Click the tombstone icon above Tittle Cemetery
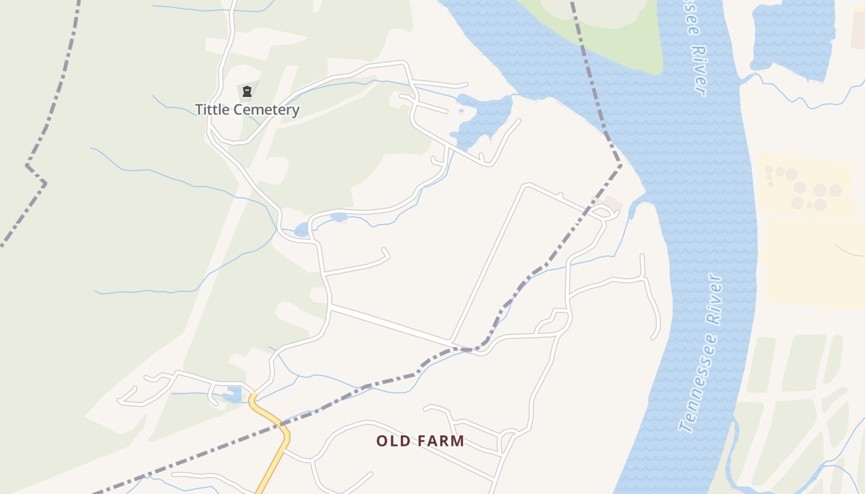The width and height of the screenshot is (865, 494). [247, 92]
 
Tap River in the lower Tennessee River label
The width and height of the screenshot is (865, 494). [713, 300]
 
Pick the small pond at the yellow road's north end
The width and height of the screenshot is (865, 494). [233, 394]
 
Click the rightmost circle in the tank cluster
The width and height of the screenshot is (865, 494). [835, 190]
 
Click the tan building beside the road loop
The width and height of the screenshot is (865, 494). [612, 202]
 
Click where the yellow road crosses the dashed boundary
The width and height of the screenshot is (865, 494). [282, 425]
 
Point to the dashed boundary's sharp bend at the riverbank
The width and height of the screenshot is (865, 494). [620, 165]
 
